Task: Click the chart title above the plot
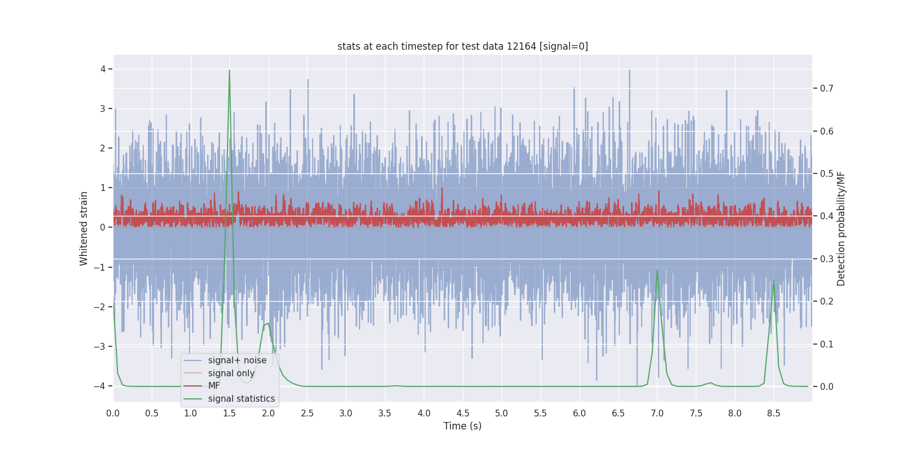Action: [x=462, y=46]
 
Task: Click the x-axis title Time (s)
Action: [x=462, y=426]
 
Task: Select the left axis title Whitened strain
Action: [x=84, y=228]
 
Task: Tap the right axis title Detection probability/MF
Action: [x=841, y=228]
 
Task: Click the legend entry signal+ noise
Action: [x=237, y=360]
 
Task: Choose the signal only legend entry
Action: [x=231, y=373]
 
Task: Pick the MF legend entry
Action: [x=214, y=386]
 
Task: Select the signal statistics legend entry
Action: [x=241, y=399]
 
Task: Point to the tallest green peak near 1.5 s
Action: [x=229, y=71]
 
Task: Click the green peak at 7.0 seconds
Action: [x=657, y=271]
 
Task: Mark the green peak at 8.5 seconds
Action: [x=774, y=281]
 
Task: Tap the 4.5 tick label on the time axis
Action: [x=463, y=414]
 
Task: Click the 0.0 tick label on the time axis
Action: [x=113, y=414]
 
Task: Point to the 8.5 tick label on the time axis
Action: [x=774, y=414]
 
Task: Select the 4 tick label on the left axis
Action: [x=103, y=69]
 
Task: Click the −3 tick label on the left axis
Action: [x=100, y=347]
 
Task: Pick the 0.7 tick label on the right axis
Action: [x=827, y=89]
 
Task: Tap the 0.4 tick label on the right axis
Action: [x=827, y=216]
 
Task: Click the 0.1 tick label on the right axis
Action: [x=827, y=345]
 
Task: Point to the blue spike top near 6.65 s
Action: [x=629, y=71]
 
